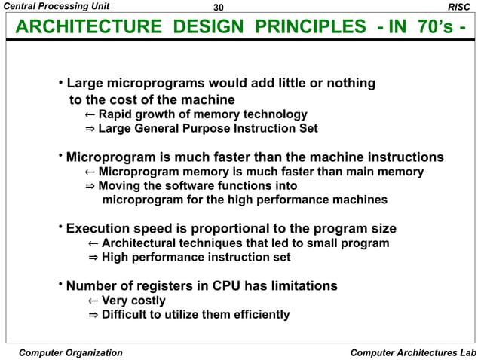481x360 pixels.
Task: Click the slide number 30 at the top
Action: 219,8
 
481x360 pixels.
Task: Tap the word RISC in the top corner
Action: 458,7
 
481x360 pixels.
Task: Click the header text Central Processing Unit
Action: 57,7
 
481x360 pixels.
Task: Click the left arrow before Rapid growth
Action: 89,114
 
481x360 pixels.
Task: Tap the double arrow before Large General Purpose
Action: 89,129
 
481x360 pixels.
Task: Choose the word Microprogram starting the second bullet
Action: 112,157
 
